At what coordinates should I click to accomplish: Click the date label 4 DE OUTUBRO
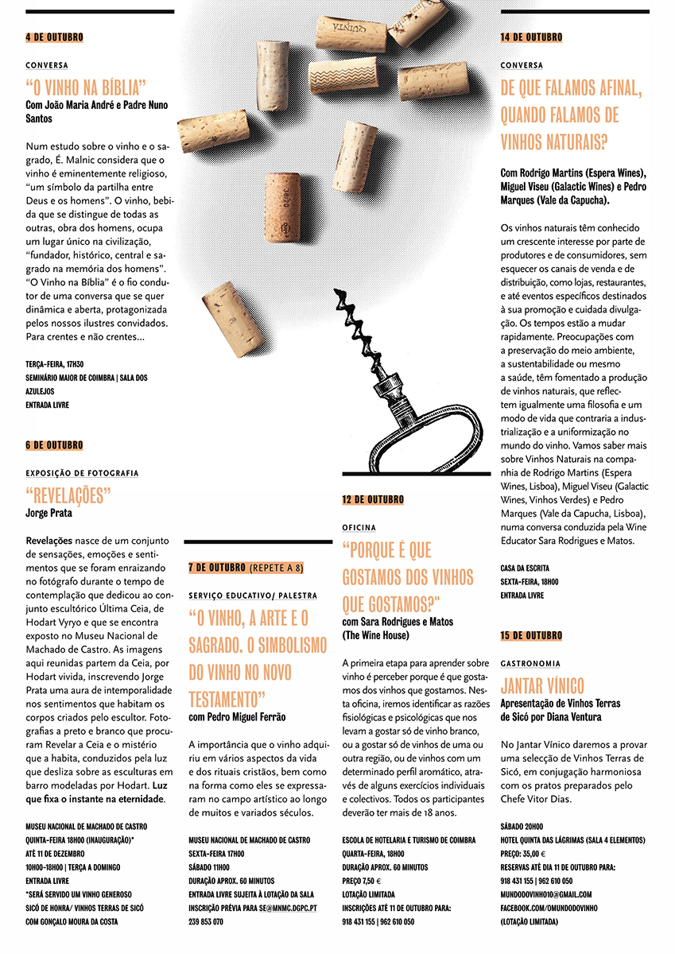[54, 37]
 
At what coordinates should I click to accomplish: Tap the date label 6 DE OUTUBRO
[54, 445]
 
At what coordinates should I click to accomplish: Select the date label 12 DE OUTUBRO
[373, 499]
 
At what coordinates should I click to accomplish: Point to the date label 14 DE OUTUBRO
[531, 37]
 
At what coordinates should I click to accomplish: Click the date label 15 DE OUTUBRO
[531, 635]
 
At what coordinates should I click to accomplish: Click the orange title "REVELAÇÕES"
[68, 495]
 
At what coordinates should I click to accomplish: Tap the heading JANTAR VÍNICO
[542, 685]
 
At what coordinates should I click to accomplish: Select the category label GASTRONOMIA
[530, 663]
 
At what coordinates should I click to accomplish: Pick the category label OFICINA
[359, 527]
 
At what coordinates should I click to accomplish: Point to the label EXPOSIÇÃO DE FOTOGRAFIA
[82, 473]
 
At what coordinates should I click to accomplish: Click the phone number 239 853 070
[206, 921]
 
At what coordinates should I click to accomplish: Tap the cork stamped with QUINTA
[351, 33]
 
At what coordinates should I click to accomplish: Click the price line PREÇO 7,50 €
[362, 881]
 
